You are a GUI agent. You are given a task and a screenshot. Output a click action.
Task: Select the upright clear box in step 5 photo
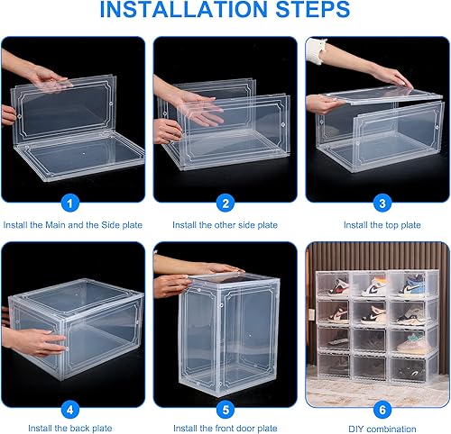click(x=230, y=324)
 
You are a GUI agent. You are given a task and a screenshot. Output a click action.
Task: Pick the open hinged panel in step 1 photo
click(x=63, y=104)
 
